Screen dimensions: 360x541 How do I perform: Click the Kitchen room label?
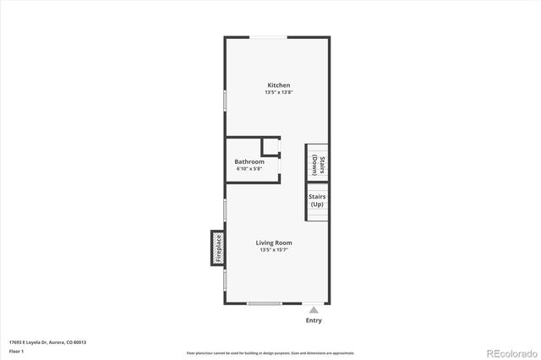pos(278,85)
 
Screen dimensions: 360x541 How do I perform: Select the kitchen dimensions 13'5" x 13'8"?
pos(278,92)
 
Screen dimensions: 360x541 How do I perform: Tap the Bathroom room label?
pos(249,161)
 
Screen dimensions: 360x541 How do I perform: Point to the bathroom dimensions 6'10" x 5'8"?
pos(249,169)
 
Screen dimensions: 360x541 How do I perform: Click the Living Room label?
pos(274,243)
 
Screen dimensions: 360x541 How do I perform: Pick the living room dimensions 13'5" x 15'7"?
pos(274,250)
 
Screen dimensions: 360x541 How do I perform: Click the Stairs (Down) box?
pos(316,162)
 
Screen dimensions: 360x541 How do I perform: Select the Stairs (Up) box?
pos(316,201)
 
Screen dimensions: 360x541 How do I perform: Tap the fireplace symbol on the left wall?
pos(217,248)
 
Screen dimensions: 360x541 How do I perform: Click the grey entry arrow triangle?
pos(314,310)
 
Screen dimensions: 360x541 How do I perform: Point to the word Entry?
pos(314,321)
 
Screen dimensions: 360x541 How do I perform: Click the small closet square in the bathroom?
pos(270,146)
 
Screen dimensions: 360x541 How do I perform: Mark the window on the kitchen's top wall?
pos(272,36)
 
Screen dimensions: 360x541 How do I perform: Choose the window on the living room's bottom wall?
pos(264,303)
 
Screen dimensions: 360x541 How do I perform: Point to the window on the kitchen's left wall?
pos(225,99)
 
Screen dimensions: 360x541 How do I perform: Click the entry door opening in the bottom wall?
pos(314,303)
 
